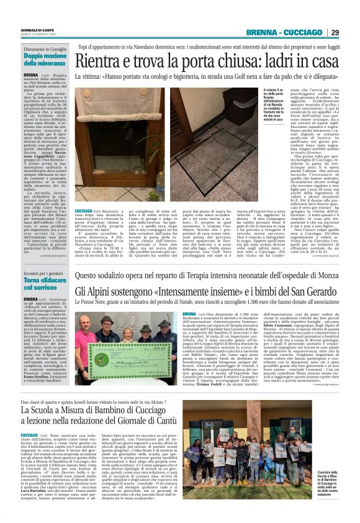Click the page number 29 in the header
pyautogui.click(x=335, y=32)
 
